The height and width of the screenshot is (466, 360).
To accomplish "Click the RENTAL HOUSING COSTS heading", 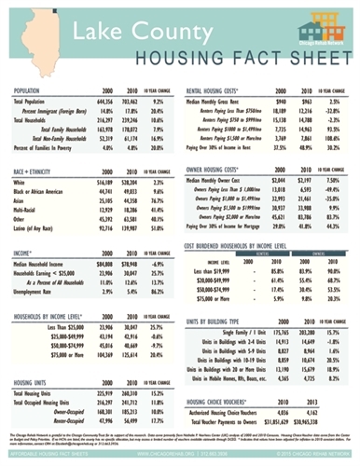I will click(223, 92).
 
